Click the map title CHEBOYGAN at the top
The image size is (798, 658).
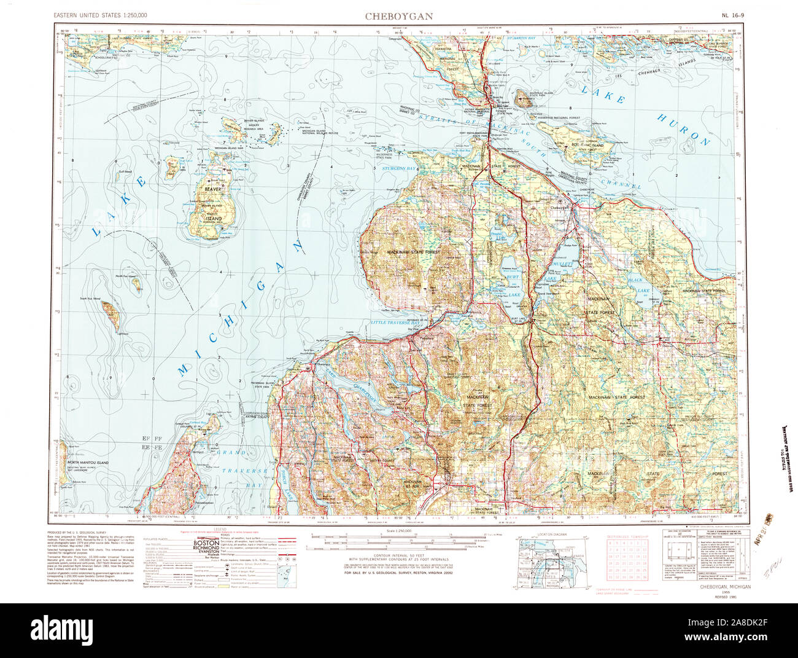(x=399, y=16)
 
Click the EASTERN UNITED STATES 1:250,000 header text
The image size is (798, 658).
(x=100, y=14)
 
